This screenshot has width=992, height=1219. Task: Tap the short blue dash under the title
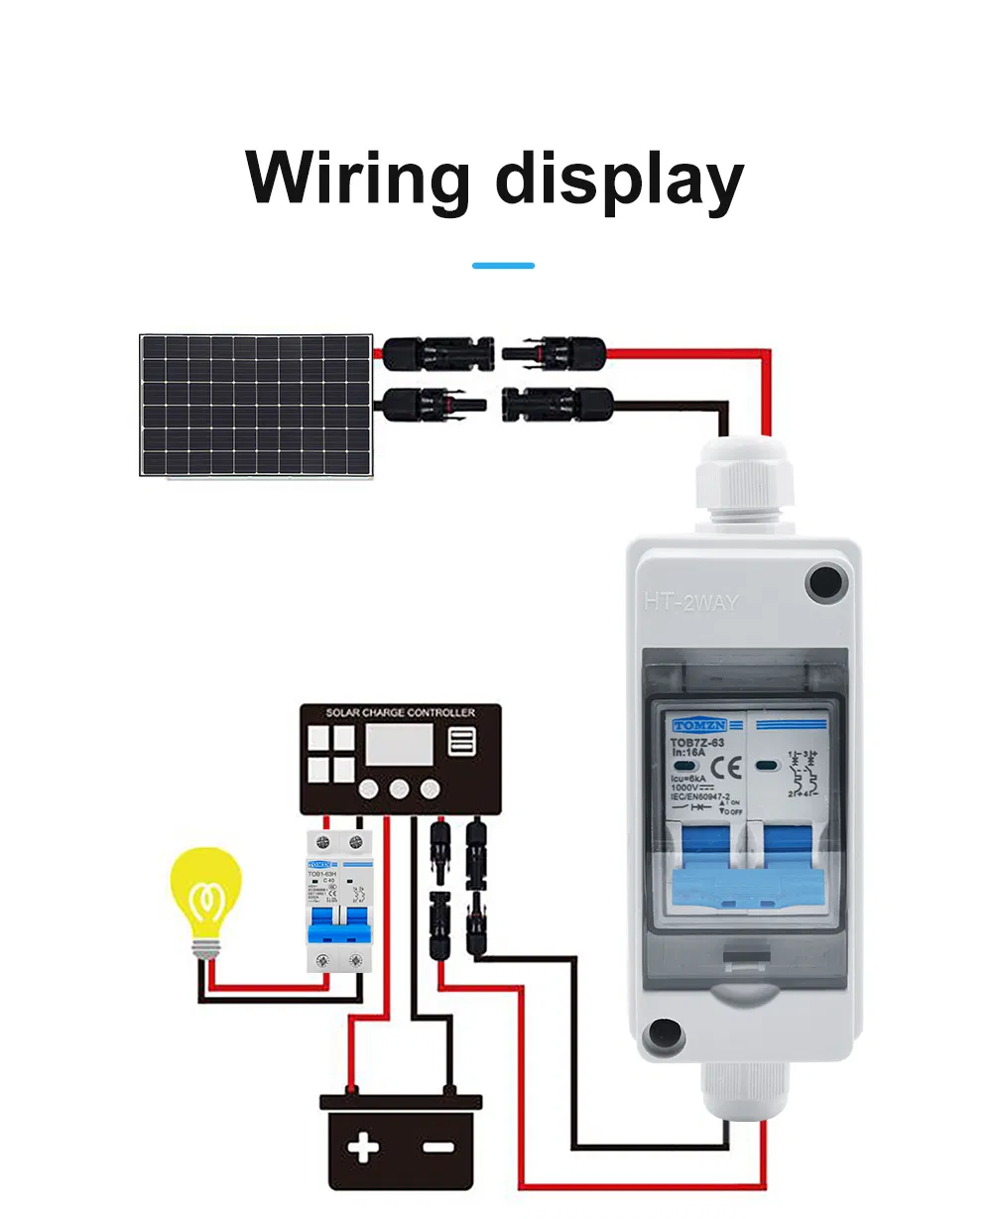[503, 266]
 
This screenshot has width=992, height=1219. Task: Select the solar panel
[256, 405]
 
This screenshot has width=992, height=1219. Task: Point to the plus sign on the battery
[363, 1149]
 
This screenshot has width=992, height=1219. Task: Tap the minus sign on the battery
[437, 1149]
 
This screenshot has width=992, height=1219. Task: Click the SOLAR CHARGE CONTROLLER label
[401, 713]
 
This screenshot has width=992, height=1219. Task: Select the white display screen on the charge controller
[398, 744]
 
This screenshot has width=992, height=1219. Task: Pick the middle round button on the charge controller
[400, 790]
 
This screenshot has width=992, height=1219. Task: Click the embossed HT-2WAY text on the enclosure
[690, 602]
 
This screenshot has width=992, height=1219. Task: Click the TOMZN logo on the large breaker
[699, 726]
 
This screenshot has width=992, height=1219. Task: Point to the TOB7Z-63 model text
[697, 742]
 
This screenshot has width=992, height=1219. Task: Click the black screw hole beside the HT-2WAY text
[826, 582]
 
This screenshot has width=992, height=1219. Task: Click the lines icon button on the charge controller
[462, 742]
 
